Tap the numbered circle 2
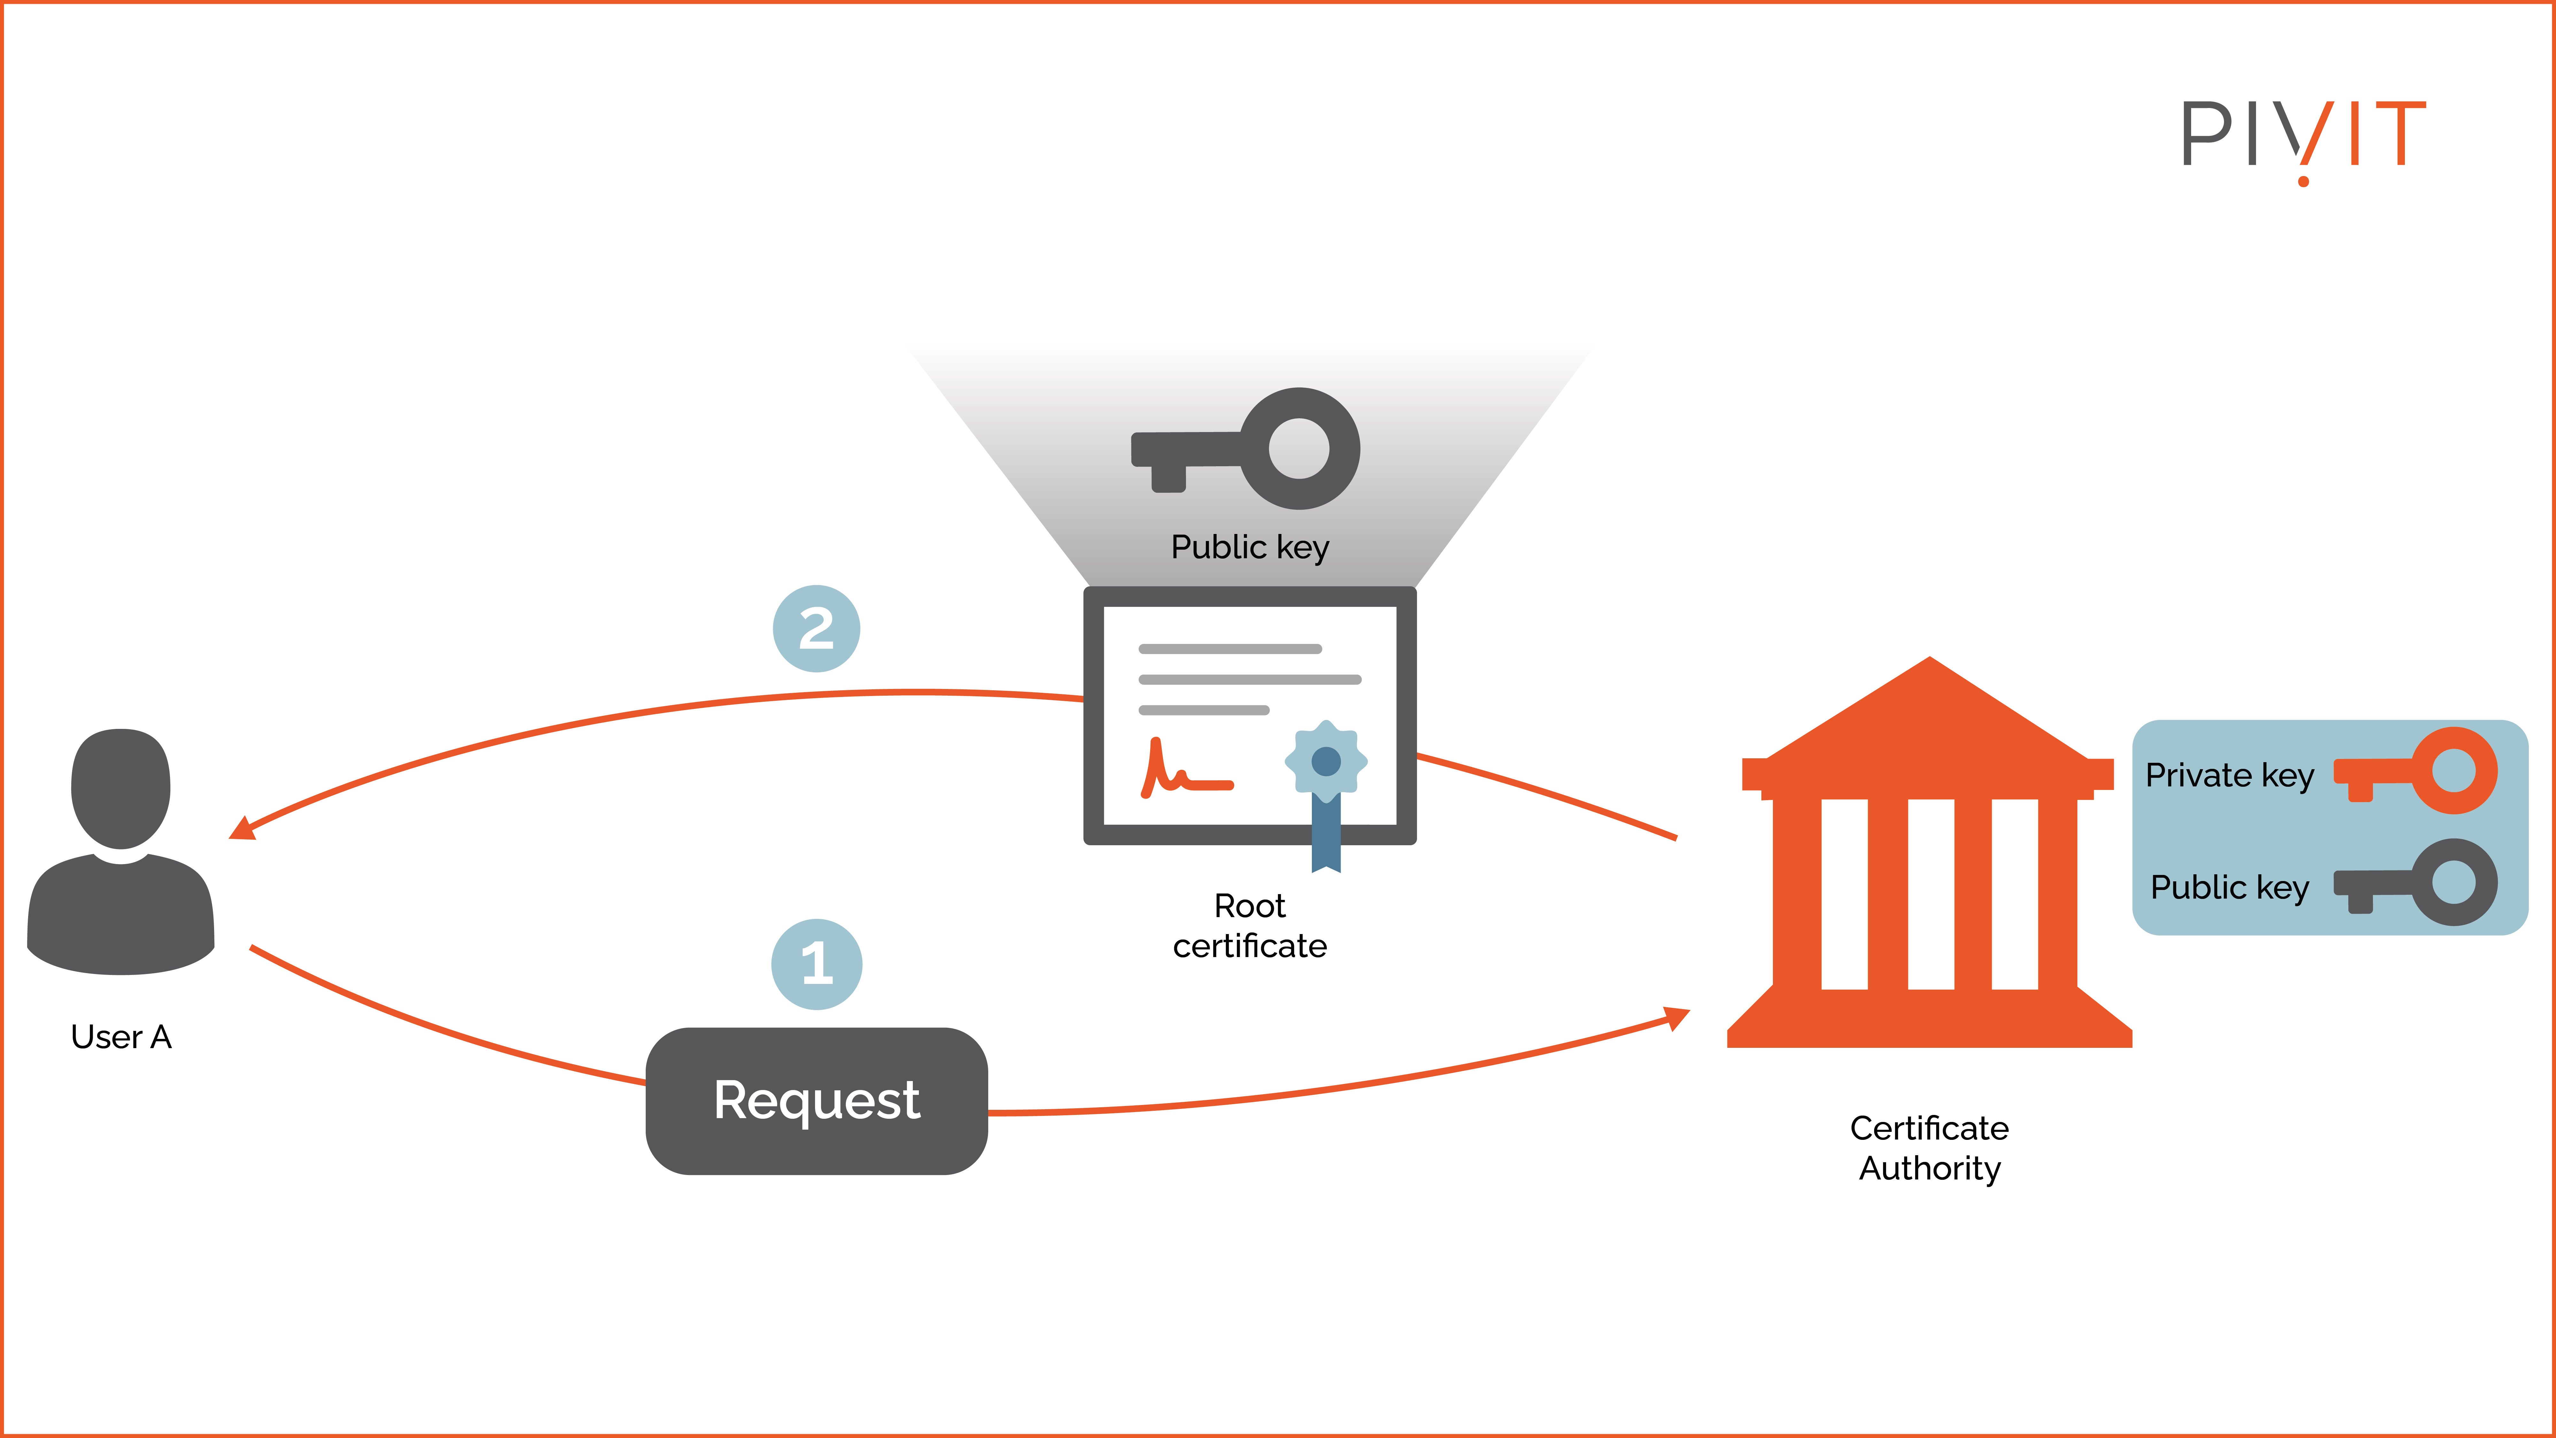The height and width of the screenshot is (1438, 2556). [x=816, y=628]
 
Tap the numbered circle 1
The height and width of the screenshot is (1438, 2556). [x=816, y=964]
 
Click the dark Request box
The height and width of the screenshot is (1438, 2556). [x=816, y=1101]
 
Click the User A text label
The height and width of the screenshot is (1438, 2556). [x=121, y=1037]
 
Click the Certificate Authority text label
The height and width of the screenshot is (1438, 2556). [x=1929, y=1148]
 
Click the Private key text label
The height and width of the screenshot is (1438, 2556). [x=2229, y=775]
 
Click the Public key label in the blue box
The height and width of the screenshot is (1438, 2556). [x=2229, y=887]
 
